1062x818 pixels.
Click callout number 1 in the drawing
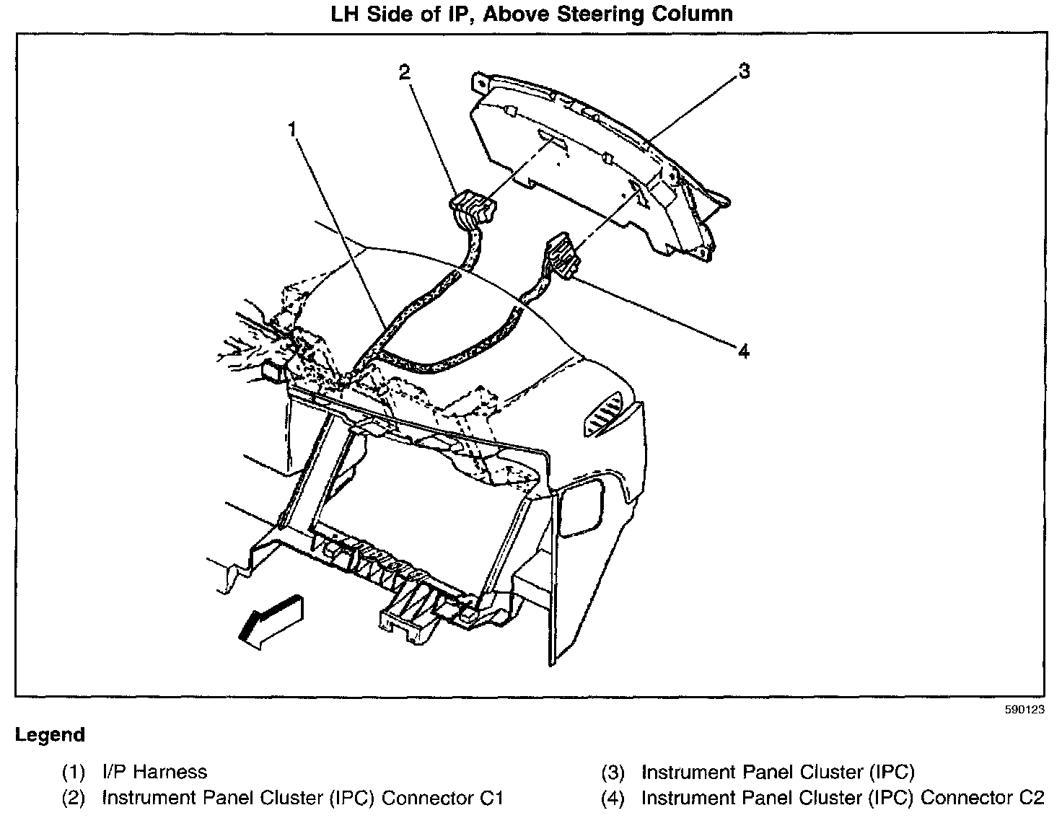pos(291,130)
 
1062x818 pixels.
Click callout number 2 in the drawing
pos(404,71)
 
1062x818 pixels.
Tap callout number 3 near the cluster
pos(743,71)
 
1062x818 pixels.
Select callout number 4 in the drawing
pos(743,351)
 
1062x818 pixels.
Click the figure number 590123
pos(1024,709)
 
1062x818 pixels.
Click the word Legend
pos(50,735)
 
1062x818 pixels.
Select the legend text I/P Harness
pos(154,772)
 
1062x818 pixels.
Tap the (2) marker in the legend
pos(74,798)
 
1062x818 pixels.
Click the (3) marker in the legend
pos(613,773)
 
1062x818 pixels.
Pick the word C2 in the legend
pos(1029,798)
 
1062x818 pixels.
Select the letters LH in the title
pos(347,14)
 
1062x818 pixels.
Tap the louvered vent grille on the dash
pos(603,415)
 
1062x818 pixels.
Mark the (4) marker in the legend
pos(613,798)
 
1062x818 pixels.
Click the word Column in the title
pos(698,14)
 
